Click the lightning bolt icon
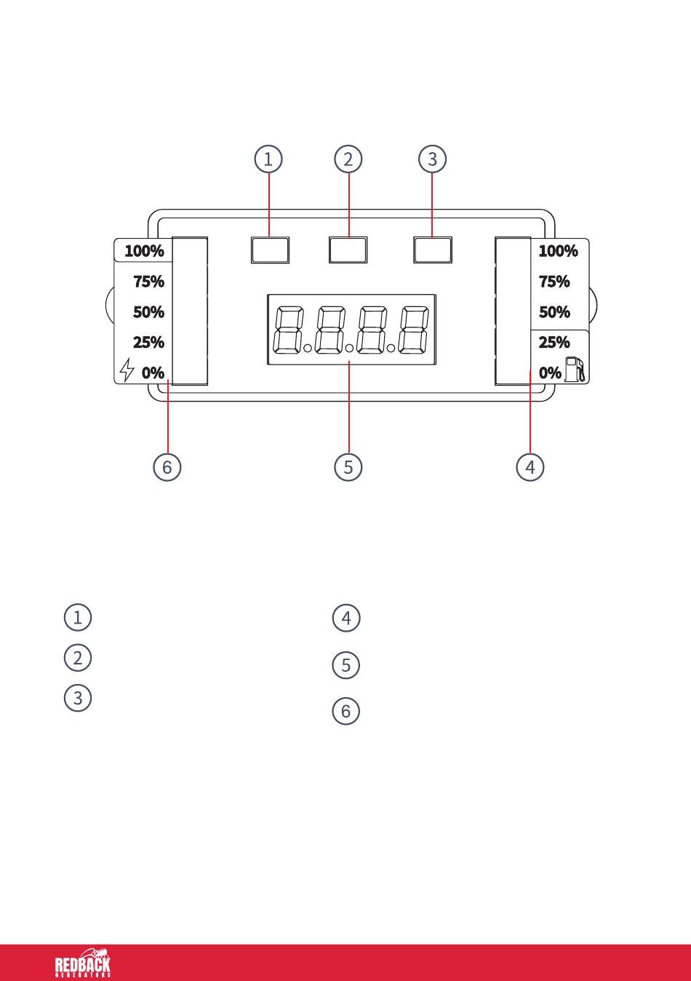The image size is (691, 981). [x=127, y=370]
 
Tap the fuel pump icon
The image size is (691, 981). [x=575, y=369]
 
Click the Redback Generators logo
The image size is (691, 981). [x=83, y=963]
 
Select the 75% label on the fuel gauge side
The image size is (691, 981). [x=554, y=282]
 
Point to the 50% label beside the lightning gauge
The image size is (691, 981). [x=149, y=312]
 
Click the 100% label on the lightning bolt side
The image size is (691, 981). [x=145, y=251]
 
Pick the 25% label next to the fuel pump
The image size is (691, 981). [x=554, y=342]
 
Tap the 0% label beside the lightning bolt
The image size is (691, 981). [x=153, y=373]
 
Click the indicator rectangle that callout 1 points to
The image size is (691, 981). [x=270, y=250]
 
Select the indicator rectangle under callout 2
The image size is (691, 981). [x=348, y=250]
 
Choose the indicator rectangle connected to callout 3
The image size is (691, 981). [x=433, y=250]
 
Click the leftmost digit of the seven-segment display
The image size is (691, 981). [x=288, y=330]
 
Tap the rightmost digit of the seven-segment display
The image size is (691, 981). [x=414, y=330]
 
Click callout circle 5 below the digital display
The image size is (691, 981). [x=348, y=467]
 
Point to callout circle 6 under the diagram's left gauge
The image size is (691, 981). [x=167, y=467]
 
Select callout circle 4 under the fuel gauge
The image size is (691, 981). [x=530, y=467]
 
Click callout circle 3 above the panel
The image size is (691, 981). [x=432, y=159]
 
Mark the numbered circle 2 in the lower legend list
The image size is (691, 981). [x=77, y=658]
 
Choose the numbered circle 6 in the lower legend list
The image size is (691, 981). [x=345, y=711]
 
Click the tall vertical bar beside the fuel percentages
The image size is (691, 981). [x=513, y=311]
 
